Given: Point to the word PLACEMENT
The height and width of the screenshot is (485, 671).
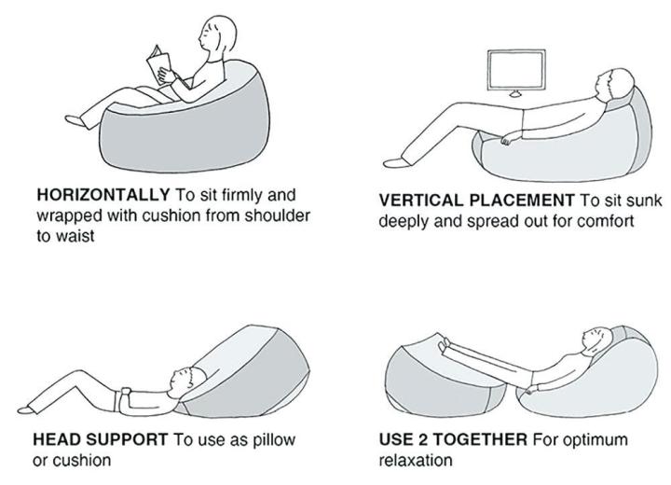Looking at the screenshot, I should pyautogui.click(x=521, y=201).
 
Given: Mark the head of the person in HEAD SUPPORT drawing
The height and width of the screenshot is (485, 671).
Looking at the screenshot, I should pyautogui.click(x=185, y=378).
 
